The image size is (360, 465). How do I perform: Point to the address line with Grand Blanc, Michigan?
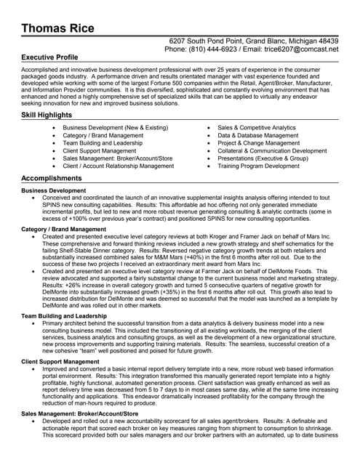tap(253, 41)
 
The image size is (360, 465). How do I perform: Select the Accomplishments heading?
tap(52, 178)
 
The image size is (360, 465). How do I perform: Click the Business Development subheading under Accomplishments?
tap(54, 190)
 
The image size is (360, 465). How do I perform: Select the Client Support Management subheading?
tap(62, 361)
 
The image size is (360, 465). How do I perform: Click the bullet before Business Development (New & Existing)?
tap(55, 128)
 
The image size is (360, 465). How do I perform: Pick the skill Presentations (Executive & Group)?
tap(273, 158)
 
